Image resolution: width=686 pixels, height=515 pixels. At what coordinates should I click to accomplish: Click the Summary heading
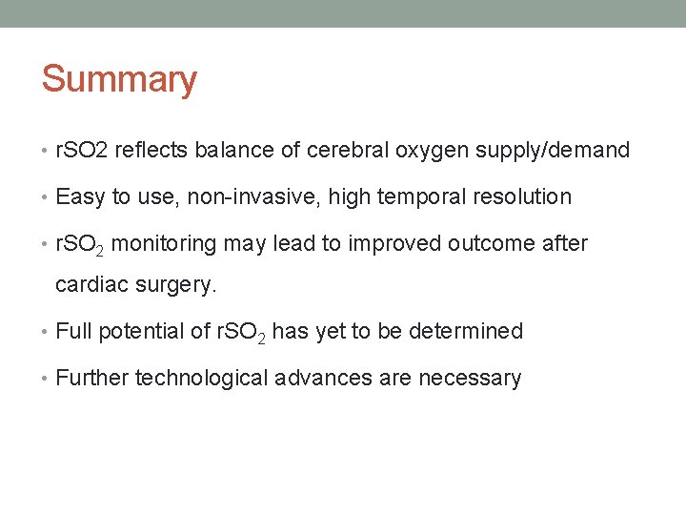tap(119, 79)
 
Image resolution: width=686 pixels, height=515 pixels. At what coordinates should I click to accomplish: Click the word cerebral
tap(351, 150)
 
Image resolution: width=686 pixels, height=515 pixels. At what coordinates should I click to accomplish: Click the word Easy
tap(80, 197)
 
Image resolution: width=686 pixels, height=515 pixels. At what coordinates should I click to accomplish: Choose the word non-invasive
tap(232, 197)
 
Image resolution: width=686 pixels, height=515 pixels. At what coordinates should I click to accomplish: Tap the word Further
tap(92, 379)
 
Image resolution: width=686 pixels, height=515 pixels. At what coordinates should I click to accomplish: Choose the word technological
tap(202, 379)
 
